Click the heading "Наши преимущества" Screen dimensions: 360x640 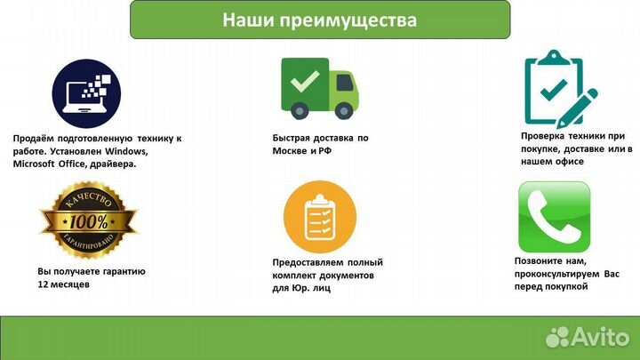click(319, 20)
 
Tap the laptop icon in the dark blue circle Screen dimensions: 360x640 click(86, 92)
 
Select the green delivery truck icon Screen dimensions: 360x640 click(319, 86)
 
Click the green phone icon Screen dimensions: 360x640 click(554, 217)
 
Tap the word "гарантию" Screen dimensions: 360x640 click(121, 270)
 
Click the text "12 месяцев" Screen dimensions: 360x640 click(64, 284)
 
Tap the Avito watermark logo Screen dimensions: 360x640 click(588, 336)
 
